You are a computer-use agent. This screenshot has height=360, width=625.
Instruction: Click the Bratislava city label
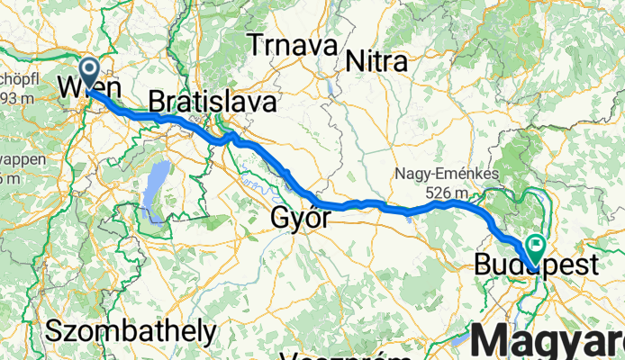click(x=213, y=102)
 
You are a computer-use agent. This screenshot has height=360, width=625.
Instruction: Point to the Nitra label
click(x=376, y=60)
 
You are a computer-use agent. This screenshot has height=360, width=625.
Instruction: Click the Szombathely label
click(x=131, y=330)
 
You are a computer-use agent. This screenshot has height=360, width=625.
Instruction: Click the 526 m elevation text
click(x=448, y=192)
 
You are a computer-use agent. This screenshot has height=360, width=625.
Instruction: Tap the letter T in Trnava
click(x=258, y=45)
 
